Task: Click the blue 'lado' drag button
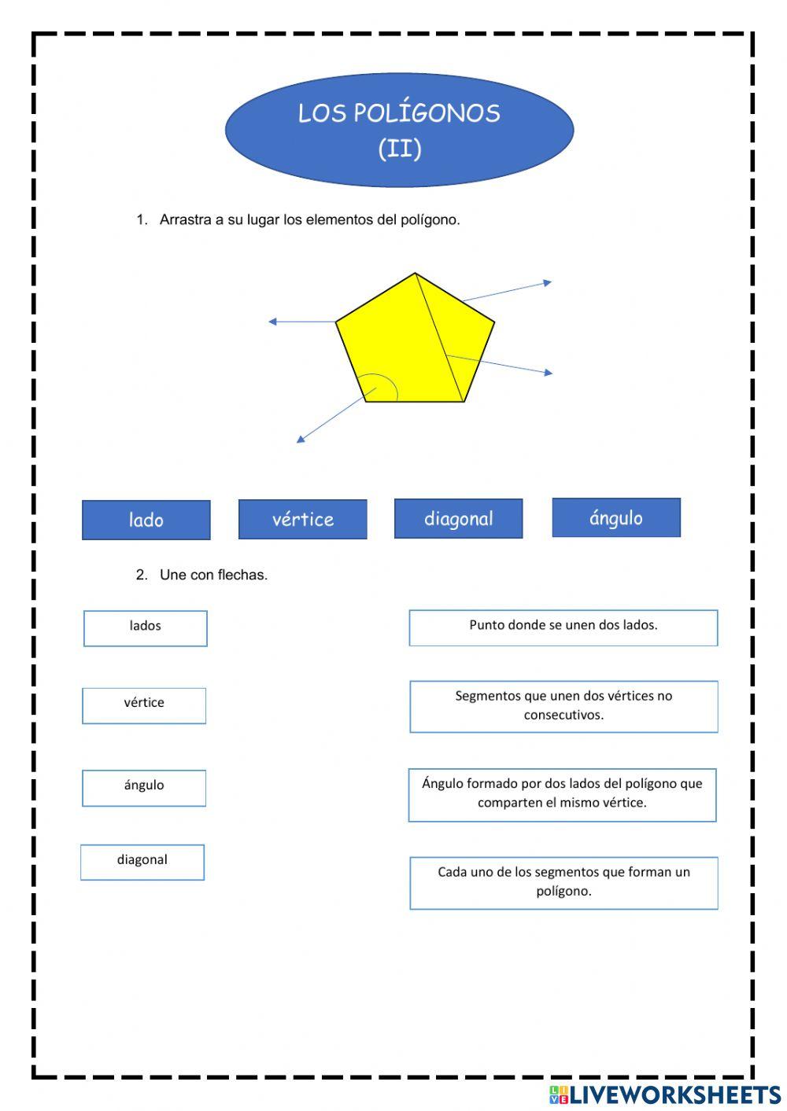146,520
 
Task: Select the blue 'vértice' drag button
303,519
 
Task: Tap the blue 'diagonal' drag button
458,518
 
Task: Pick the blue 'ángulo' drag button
616,517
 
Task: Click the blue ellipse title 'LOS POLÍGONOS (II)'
399,130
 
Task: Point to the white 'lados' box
146,628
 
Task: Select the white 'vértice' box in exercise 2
144,705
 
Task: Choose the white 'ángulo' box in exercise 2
144,788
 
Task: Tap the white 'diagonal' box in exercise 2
142,862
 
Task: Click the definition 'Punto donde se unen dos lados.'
563,627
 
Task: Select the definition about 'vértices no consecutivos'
563,706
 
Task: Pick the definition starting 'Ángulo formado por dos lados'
562,795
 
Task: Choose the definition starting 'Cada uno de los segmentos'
563,883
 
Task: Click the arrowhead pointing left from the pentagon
272,322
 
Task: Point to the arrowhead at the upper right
548,282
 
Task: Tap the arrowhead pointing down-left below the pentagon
300,440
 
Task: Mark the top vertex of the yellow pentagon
415,274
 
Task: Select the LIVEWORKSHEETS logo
665,1094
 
